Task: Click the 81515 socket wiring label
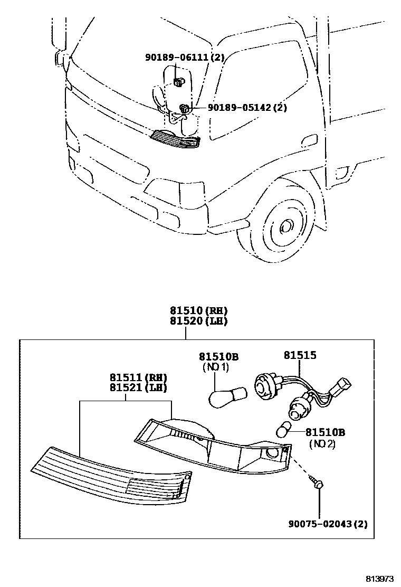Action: (300, 356)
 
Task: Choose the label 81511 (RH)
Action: (138, 378)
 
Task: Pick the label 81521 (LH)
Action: (138, 388)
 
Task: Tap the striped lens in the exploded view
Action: (110, 473)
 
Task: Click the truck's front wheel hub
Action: (286, 226)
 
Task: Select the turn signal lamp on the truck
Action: (176, 139)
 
